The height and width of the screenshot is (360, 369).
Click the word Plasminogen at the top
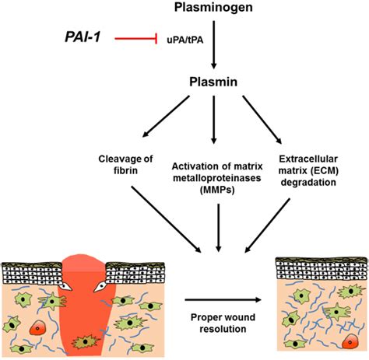(213, 7)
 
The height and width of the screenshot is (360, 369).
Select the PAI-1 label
(83, 37)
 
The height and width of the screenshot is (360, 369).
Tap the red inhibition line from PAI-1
(136, 39)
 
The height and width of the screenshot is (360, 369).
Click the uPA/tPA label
(184, 40)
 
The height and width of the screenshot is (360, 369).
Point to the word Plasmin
(213, 82)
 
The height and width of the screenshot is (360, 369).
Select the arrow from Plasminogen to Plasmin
(213, 45)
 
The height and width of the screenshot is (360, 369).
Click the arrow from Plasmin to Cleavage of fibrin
(166, 116)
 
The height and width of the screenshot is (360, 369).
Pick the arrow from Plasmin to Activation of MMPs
(213, 120)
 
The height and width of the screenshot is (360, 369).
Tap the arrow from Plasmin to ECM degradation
(262, 120)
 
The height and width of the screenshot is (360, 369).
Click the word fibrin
(125, 171)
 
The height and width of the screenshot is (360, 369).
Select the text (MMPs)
(217, 190)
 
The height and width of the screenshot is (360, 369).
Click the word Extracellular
(308, 159)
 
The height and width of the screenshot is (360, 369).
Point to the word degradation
(308, 182)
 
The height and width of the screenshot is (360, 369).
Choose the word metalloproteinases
(217, 178)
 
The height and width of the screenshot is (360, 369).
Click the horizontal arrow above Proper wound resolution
(223, 300)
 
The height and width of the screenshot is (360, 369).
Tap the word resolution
(223, 329)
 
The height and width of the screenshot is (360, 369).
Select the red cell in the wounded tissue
(37, 327)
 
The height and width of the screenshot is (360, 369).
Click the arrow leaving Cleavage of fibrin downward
(166, 219)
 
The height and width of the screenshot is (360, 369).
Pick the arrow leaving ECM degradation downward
(267, 225)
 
